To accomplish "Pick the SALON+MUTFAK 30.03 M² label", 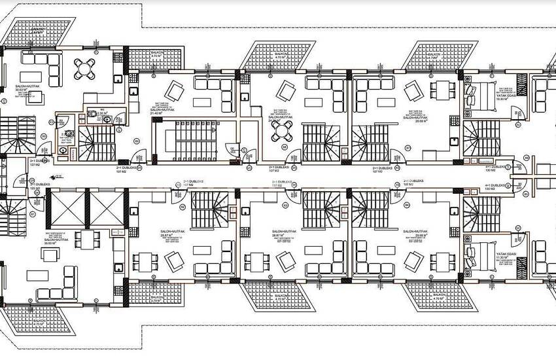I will point(29,89).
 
